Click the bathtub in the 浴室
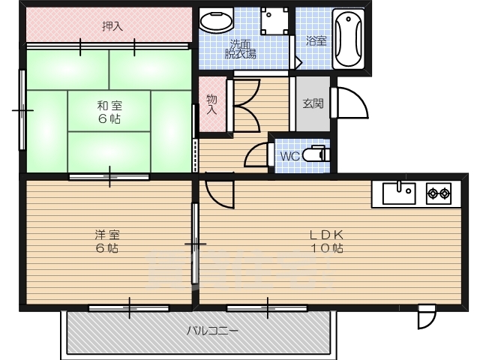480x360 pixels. tap(348, 39)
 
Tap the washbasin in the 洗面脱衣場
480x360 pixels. tap(216, 20)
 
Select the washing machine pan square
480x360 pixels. tap(274, 21)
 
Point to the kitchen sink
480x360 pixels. tap(399, 193)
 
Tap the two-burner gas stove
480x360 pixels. tap(439, 193)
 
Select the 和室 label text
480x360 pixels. tap(109, 106)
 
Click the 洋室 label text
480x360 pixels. tap(107, 235)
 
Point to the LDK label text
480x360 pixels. tap(327, 235)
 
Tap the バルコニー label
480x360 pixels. tap(212, 331)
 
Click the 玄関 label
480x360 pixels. tap(313, 103)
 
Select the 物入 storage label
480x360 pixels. tap(211, 104)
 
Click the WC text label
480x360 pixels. tap(290, 157)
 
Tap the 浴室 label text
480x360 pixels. tap(316, 41)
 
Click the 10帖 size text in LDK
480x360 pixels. tap(327, 247)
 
